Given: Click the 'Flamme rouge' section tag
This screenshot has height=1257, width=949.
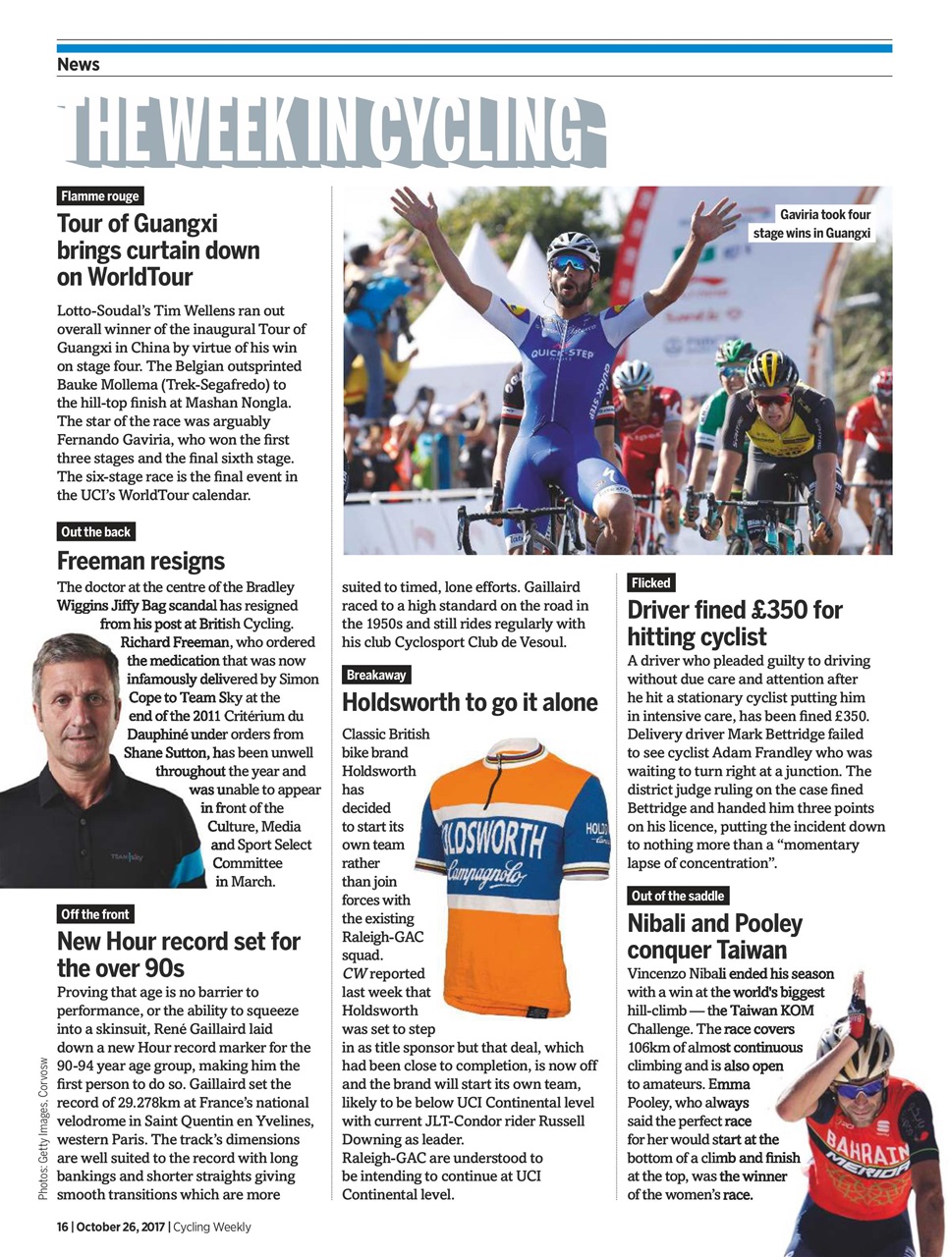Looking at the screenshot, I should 100,196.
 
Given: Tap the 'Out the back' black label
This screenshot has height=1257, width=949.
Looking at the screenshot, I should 95,532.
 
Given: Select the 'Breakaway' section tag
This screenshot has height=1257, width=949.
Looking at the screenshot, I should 376,676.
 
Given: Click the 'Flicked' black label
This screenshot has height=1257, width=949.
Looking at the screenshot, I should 650,583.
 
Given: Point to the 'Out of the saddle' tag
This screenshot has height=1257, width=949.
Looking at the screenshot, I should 678,896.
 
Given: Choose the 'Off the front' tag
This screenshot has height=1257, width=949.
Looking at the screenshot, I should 95,914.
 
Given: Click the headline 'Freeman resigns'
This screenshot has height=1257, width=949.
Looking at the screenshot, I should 140,562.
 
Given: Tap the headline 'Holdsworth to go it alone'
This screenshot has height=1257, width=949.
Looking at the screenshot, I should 470,702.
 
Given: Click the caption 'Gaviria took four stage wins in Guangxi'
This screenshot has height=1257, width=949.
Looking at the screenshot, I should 812,224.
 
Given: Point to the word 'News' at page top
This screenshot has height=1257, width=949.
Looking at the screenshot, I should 79,65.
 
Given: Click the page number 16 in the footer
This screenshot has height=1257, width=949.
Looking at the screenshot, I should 62,1227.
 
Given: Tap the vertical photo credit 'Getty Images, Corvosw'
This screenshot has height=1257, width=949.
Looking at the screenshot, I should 43,1129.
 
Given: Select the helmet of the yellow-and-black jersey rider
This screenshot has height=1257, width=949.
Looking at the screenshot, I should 771,370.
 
